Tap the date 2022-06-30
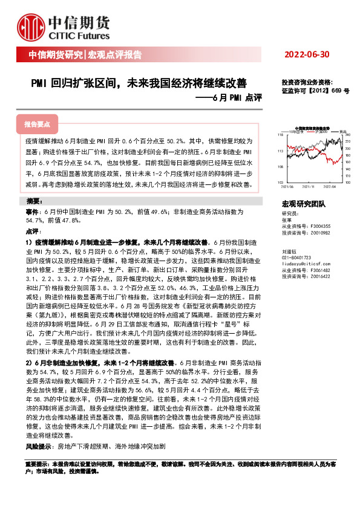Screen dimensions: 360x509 (x=307, y=54)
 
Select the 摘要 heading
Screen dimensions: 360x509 (x=35, y=201)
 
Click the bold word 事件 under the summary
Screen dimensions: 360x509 (x=32, y=213)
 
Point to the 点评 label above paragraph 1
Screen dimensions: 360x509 (x=32, y=232)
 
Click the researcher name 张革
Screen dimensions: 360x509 (x=287, y=220)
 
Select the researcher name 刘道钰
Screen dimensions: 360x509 (x=289, y=251)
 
